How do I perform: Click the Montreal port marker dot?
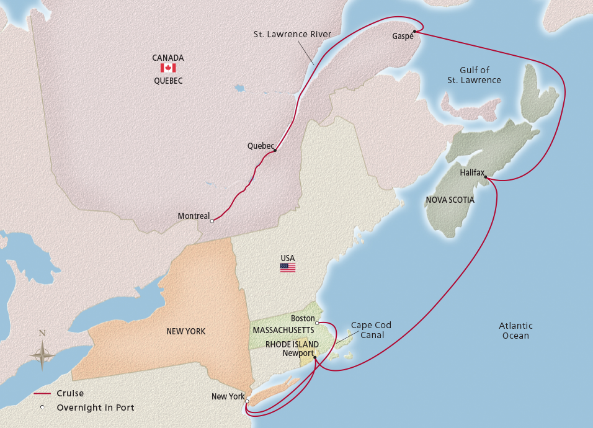click(x=212, y=221)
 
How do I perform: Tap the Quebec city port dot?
click(x=274, y=150)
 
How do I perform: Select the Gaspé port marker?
click(x=414, y=31)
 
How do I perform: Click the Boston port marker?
click(x=317, y=323)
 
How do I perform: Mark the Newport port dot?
click(x=315, y=357)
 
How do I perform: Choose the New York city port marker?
click(x=247, y=401)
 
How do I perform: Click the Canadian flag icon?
click(x=168, y=68)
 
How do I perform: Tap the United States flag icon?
click(x=288, y=268)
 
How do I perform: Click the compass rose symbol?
click(x=42, y=356)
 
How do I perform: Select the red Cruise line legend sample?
click(x=42, y=394)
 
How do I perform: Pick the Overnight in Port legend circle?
click(x=42, y=408)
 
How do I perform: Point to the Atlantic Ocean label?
click(x=516, y=331)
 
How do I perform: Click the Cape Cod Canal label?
click(x=371, y=330)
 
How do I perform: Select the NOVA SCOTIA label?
click(x=450, y=200)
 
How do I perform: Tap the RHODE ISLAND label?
click(x=292, y=345)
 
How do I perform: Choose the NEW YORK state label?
click(x=186, y=332)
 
